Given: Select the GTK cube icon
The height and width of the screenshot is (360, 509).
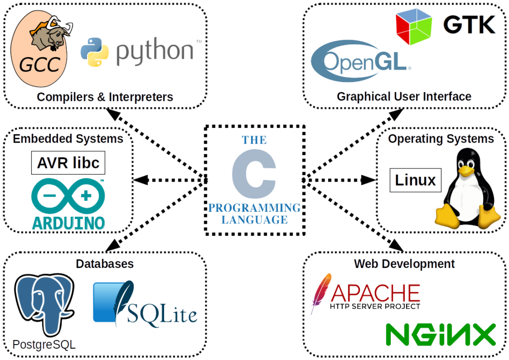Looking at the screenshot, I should [416, 27].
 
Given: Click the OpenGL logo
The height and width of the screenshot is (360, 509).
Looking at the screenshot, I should [361, 62].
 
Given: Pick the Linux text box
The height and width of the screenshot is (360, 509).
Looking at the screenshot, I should [415, 180].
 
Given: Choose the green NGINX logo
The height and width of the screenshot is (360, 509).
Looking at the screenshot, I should [441, 335].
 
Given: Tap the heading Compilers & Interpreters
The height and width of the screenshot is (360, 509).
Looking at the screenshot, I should [105, 96].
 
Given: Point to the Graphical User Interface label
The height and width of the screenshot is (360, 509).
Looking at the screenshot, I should [404, 96].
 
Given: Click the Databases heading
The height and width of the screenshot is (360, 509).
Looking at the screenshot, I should [105, 263].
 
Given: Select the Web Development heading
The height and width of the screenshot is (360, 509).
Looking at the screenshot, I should [404, 263].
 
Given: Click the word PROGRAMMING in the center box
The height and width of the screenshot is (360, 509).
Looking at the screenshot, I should [254, 207].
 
